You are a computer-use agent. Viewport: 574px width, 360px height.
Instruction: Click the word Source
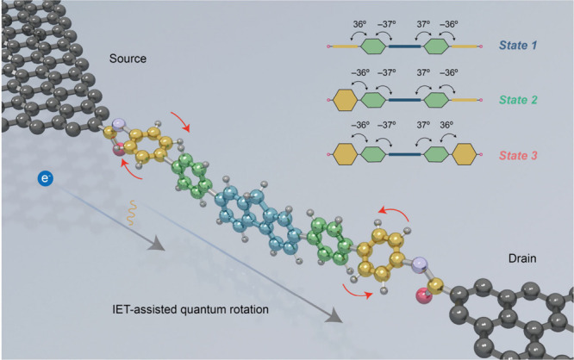coord(130,59)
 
